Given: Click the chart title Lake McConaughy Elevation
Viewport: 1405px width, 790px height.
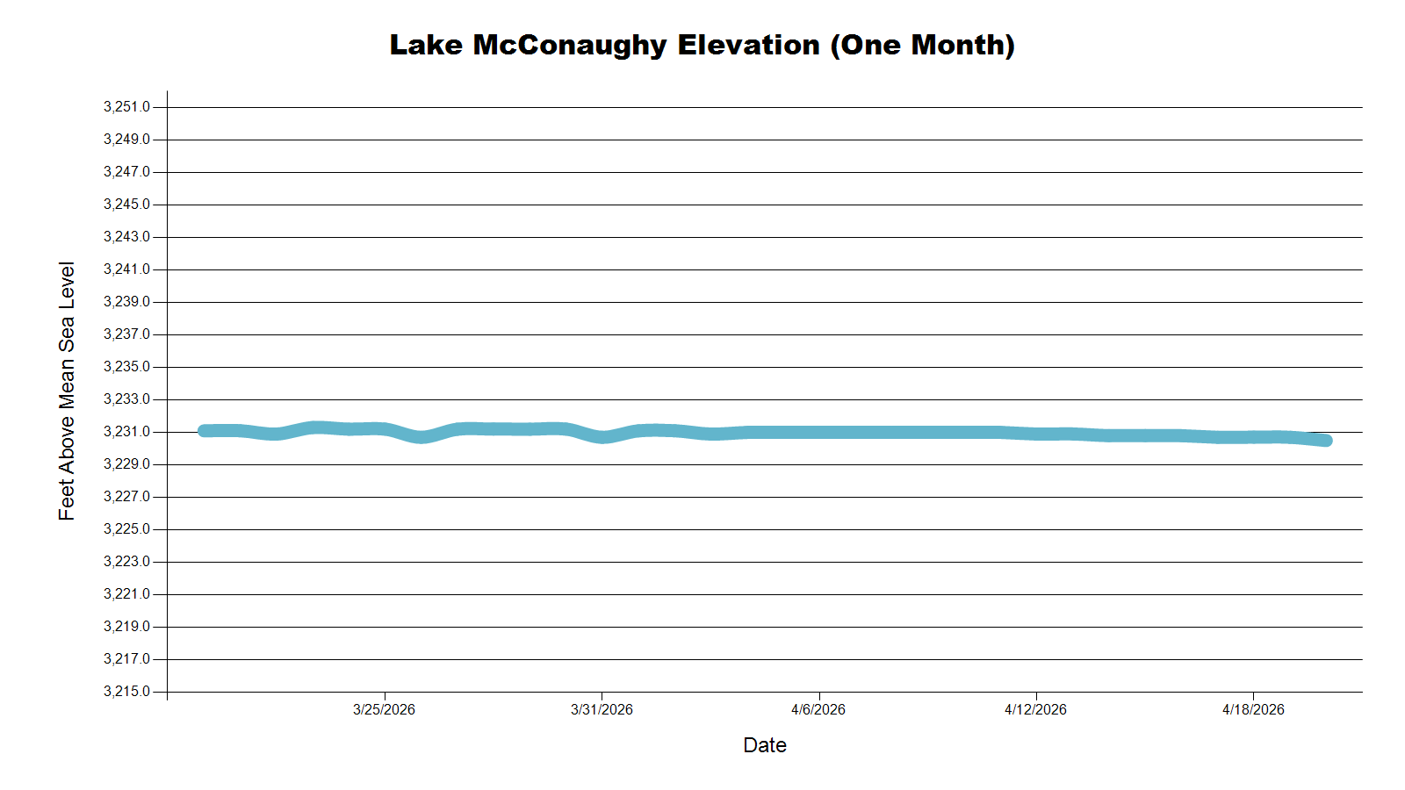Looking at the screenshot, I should (702, 45).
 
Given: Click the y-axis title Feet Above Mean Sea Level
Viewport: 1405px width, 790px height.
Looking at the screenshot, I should (67, 391).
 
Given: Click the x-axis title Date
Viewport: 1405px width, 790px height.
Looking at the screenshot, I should (764, 745).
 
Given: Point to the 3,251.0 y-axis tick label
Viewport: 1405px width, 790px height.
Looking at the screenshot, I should (126, 107).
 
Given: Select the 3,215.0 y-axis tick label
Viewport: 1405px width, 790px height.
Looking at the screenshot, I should (126, 692).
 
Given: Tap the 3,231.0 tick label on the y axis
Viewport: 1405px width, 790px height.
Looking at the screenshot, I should (126, 432).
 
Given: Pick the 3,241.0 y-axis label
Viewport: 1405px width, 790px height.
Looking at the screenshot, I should (126, 269).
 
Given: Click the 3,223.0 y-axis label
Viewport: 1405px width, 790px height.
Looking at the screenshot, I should (126, 562).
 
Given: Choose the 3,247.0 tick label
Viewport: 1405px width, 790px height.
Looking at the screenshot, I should (126, 172).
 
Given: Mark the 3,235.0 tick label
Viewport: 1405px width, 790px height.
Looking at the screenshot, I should (126, 367).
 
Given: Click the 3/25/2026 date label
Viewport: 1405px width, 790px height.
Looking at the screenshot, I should (384, 709).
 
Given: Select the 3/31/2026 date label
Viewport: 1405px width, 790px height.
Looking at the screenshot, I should (602, 709).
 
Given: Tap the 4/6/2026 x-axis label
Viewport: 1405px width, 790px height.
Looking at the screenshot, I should (818, 709).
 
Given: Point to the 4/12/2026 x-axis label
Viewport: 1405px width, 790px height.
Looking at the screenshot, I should (1035, 709).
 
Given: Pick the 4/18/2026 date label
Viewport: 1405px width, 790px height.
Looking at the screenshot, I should (1253, 709).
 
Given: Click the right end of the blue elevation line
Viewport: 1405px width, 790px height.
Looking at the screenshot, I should (1326, 441).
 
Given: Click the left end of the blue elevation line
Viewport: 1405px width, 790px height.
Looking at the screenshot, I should (204, 431).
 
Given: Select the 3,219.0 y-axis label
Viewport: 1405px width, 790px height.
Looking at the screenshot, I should (126, 627).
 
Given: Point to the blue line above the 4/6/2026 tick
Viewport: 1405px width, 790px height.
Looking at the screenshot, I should (819, 433).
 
